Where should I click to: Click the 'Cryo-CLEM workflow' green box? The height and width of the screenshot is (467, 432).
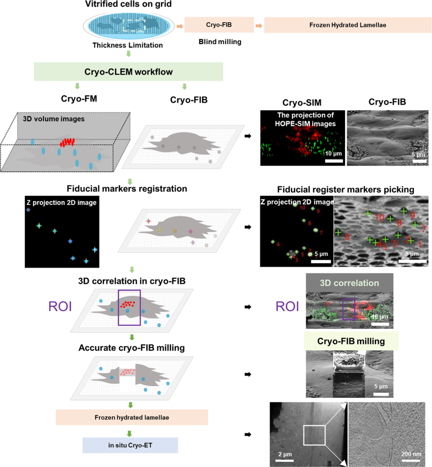tap(128, 72)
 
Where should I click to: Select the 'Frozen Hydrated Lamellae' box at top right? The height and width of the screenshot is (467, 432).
tap(348, 25)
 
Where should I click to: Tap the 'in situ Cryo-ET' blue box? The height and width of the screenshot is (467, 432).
tap(130, 445)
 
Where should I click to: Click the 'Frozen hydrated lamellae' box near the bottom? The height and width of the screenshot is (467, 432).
tap(132, 417)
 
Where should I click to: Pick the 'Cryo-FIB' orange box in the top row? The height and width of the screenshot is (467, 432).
tap(219, 25)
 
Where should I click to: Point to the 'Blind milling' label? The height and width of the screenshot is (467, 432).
tap(220, 42)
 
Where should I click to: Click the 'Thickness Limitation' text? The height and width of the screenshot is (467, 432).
tap(128, 45)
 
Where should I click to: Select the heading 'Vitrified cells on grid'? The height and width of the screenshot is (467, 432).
tap(128, 4)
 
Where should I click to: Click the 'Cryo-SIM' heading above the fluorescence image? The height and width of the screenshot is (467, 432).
tap(302, 103)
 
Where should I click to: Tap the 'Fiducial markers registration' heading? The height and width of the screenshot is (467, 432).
tap(127, 189)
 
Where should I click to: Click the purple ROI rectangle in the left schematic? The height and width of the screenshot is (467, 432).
tap(129, 307)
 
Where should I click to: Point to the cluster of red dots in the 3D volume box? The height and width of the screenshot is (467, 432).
tap(67, 142)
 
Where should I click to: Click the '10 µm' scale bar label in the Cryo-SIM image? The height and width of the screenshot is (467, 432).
tap(333, 154)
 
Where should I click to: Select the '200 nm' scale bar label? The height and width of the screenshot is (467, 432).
tap(411, 454)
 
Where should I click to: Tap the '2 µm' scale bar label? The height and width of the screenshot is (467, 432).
tap(285, 454)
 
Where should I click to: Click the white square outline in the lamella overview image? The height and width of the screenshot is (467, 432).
tap(314, 435)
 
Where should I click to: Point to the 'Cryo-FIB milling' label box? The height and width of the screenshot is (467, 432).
tap(351, 341)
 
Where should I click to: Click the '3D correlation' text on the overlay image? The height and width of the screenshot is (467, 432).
tap(349, 283)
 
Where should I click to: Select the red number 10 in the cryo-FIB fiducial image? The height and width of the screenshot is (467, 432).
tap(380, 218)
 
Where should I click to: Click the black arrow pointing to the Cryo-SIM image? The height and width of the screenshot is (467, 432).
tap(248, 136)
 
